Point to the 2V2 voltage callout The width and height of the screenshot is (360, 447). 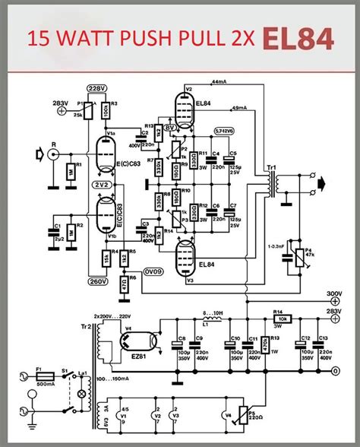100,184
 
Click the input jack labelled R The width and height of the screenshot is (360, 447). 52,154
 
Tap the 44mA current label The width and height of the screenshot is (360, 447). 219,81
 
